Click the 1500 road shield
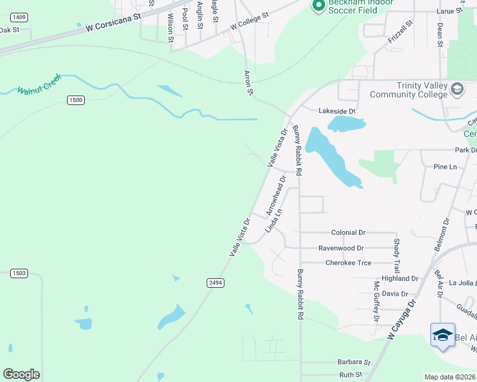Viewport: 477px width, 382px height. pyautogui.click(x=76, y=101)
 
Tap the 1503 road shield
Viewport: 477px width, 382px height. pyautogui.click(x=19, y=273)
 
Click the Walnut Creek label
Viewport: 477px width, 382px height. pyautogui.click(x=39, y=83)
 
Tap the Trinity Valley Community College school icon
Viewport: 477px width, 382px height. pyautogui.click(x=457, y=89)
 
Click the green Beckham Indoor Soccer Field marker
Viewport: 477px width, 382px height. pyautogui.click(x=318, y=6)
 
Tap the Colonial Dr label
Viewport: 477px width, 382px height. pyautogui.click(x=348, y=233)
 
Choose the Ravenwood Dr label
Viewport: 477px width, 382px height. pyautogui.click(x=341, y=248)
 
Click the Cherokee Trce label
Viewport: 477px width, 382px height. pyautogui.click(x=348, y=262)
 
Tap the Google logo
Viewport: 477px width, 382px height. pyautogui.click(x=21, y=374)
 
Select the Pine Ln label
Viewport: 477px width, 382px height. pyautogui.click(x=445, y=167)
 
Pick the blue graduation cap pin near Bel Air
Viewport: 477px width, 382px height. pyautogui.click(x=443, y=336)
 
